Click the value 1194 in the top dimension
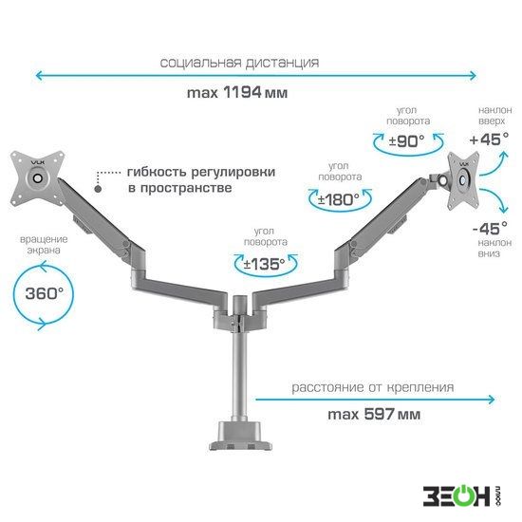242,92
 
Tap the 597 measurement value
379,414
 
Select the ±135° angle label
265,265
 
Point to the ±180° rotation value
339,199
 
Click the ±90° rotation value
407,141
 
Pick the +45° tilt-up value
489,140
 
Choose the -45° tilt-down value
490,229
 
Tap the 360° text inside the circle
44,293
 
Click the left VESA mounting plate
37,178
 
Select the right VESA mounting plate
463,180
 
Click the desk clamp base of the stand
240,437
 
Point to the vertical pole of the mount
239,376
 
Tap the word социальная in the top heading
200,63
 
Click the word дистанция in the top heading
282,63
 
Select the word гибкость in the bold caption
157,172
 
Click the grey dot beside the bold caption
98,189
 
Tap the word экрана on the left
44,251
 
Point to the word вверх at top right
492,121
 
